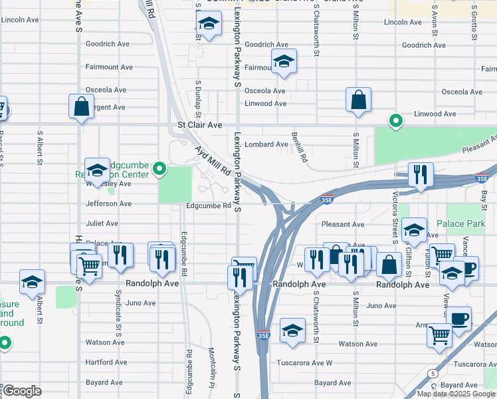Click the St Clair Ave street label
coord(199,124)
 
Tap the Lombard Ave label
coord(266,144)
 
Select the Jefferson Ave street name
coord(109,204)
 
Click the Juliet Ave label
coord(102,223)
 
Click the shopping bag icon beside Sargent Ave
coord(81,106)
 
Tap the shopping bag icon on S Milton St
coord(358,100)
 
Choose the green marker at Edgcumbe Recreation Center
coord(159,170)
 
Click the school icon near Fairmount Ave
coord(284,63)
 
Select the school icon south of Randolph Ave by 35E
coord(292,331)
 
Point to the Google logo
coord(22,391)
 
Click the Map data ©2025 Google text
coord(456,394)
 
